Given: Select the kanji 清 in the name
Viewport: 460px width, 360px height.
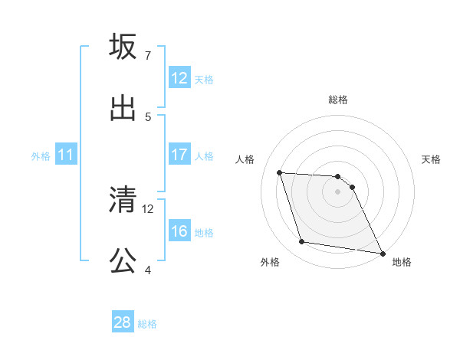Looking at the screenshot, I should click(x=123, y=200).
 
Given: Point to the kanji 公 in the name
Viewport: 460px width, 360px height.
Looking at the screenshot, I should click(x=123, y=261).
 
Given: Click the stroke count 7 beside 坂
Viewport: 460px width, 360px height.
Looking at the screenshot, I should click(x=147, y=56).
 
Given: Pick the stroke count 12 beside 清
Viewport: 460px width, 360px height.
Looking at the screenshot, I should click(x=148, y=208).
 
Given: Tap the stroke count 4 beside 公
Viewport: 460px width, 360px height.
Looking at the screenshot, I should click(x=147, y=270).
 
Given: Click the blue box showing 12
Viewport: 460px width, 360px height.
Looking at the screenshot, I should click(x=179, y=78).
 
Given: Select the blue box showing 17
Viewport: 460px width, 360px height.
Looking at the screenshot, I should click(x=179, y=155).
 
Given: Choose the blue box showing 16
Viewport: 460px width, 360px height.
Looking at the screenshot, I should click(x=179, y=231).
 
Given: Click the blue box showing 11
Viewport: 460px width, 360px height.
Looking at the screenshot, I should click(x=66, y=155).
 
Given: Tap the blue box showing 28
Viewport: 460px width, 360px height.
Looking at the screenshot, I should click(x=123, y=322).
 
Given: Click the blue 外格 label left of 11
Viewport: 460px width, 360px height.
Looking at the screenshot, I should click(x=41, y=155).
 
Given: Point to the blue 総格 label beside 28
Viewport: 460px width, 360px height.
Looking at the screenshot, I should click(x=147, y=323).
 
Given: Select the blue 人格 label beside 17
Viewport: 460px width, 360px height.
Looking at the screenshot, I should click(x=204, y=155).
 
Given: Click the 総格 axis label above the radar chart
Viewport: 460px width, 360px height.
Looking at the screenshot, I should click(x=338, y=100).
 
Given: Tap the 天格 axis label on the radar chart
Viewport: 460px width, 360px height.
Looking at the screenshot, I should click(x=432, y=159).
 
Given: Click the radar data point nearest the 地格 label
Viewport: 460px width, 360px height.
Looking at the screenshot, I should click(x=382, y=253).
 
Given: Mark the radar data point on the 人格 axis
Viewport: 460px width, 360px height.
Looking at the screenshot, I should click(x=280, y=172).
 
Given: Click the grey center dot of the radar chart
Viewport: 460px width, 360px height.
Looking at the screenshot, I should click(x=338, y=191).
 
